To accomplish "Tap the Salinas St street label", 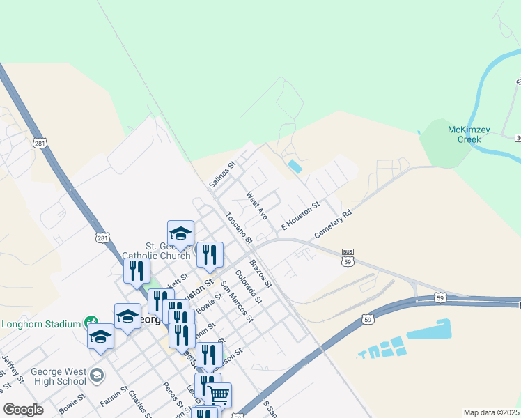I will [x=224, y=176].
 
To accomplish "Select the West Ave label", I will [x=257, y=207].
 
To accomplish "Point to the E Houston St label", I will [x=300, y=216].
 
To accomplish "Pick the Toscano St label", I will [x=238, y=227].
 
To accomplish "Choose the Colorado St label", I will [x=248, y=287].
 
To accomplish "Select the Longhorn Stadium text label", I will [x=41, y=324].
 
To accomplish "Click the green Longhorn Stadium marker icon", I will [x=91, y=323].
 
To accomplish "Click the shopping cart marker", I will [x=219, y=395].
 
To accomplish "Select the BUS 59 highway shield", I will [x=347, y=257].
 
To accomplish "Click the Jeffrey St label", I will [x=13, y=369].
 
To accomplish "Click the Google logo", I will [x=23, y=409].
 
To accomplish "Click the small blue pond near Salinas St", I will [x=295, y=167].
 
